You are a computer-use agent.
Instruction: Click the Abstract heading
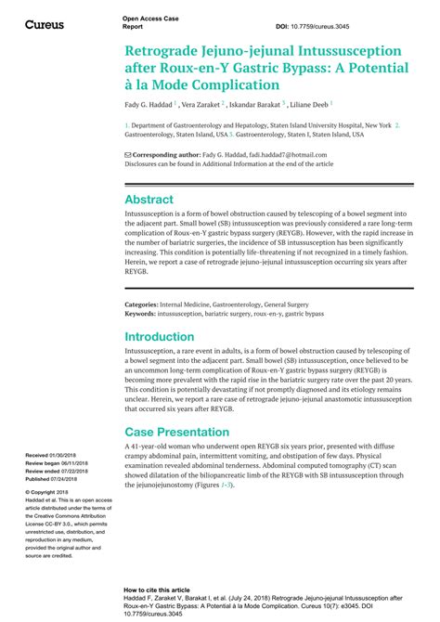click(x=149, y=200)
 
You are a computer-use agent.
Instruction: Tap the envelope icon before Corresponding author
click(x=127, y=154)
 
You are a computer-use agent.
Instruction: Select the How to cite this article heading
click(x=157, y=590)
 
